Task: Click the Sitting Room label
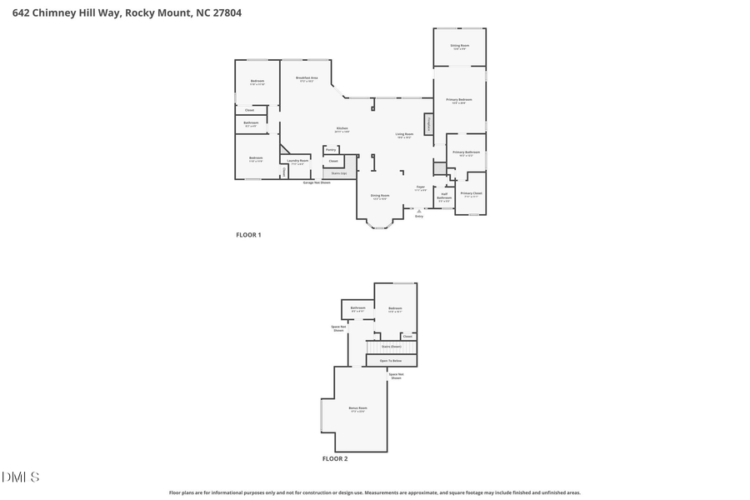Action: click(459, 47)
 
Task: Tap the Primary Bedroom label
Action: click(459, 101)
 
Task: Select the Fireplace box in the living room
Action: click(429, 124)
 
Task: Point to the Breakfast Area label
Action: click(307, 78)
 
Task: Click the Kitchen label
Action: click(342, 129)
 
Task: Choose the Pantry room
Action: click(331, 150)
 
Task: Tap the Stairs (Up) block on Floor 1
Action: click(339, 173)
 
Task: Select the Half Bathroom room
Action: click(444, 199)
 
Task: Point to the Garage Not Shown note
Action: click(316, 182)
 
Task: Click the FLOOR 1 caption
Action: click(248, 235)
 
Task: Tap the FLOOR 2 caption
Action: click(335, 458)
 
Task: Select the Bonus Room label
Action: click(357, 409)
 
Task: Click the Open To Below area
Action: click(391, 361)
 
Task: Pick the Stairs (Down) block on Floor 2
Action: click(391, 347)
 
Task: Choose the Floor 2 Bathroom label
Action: click(358, 309)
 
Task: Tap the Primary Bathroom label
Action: click(466, 153)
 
